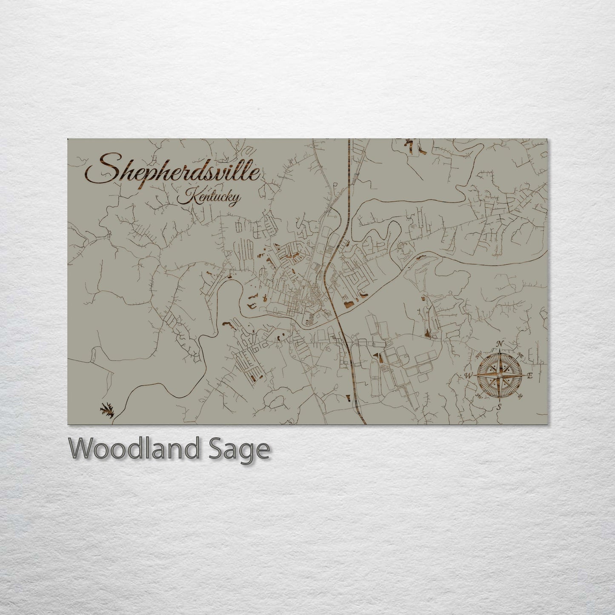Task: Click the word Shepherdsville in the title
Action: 179,170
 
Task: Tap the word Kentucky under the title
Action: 209,198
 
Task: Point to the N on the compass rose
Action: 501,344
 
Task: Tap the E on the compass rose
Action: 530,376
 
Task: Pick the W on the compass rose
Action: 468,375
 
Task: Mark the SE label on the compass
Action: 521,397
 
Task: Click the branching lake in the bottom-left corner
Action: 107,411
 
